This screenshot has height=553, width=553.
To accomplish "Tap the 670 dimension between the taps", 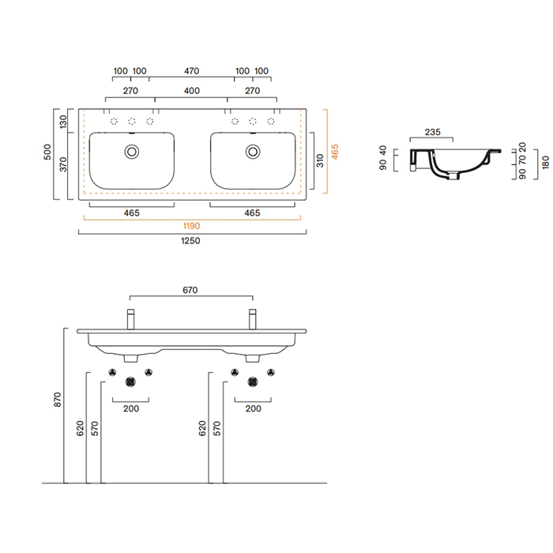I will pos(190,290).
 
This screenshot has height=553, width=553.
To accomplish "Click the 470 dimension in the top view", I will pos(191,71).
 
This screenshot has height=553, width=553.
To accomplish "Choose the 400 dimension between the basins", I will pos(191,91).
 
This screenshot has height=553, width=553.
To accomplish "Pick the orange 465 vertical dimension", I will pos(335,152).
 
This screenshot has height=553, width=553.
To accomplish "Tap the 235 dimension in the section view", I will pos(431,133).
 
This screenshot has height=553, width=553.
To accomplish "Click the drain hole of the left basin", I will pos(132,149).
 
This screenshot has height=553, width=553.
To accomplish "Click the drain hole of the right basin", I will pos(253,149).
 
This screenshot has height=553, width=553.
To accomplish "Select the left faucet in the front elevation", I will pos(130,321).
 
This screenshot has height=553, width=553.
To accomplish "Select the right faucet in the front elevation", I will pos(252,321).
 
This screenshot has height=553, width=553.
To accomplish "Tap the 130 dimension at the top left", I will pos(63,122).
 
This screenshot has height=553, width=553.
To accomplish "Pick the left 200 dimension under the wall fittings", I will pos(131,408).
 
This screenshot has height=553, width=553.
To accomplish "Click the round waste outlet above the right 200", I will pos(253,382).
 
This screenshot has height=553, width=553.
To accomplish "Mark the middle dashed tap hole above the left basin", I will pos(132,122).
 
